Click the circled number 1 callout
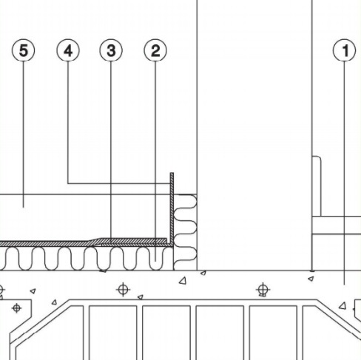click(x=344, y=50)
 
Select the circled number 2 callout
click(x=155, y=50)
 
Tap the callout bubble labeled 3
click(x=111, y=50)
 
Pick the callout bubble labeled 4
click(x=68, y=50)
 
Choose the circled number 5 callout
click(x=24, y=50)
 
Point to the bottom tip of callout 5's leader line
click(x=24, y=208)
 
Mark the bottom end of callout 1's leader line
click(x=344, y=285)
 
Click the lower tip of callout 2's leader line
click(x=155, y=262)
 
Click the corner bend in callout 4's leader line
click(x=68, y=183)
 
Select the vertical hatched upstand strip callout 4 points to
click(x=172, y=208)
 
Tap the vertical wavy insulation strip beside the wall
click(x=185, y=232)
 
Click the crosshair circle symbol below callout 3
click(x=123, y=289)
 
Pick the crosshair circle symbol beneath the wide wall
click(x=263, y=289)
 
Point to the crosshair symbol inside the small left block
click(x=16, y=308)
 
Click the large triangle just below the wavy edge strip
click(x=183, y=281)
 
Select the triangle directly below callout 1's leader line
click(x=343, y=306)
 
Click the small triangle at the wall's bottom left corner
click(x=203, y=273)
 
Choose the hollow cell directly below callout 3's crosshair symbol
click(x=112, y=333)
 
